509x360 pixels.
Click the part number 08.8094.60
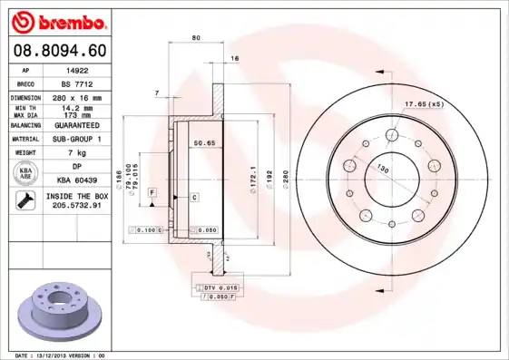(x=57, y=52)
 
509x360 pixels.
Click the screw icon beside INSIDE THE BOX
(x=22, y=200)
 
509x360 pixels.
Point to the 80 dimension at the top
(x=196, y=37)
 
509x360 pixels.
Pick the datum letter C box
(x=193, y=197)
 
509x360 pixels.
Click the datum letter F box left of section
(x=152, y=191)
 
